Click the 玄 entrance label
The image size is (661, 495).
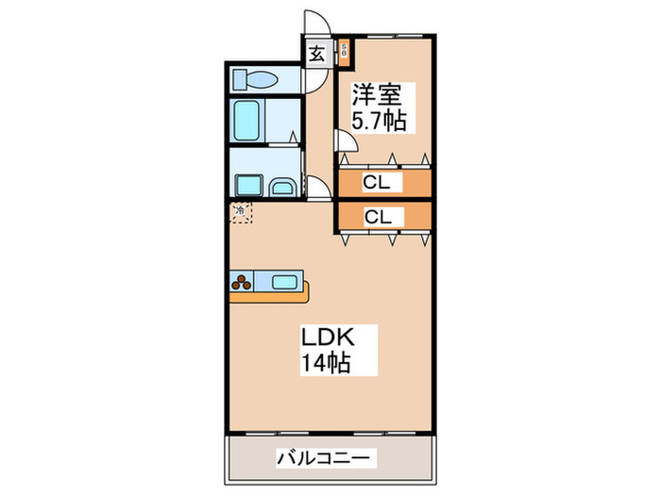[317, 54]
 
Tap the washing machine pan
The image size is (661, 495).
[248, 184]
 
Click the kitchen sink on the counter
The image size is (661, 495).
[284, 280]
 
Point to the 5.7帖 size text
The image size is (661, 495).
[381, 122]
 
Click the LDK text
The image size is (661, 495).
[326, 337]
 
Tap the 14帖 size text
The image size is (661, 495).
[327, 362]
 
